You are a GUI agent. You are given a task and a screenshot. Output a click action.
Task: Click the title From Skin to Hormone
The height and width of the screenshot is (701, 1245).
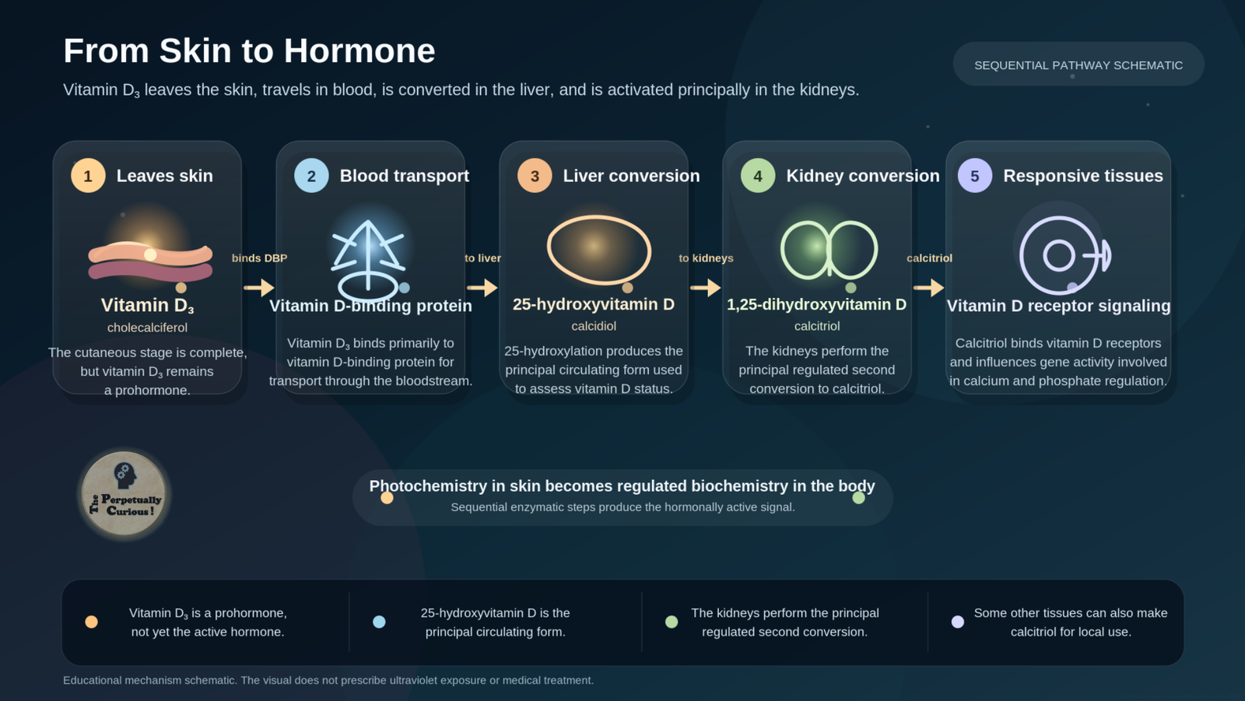[249, 51]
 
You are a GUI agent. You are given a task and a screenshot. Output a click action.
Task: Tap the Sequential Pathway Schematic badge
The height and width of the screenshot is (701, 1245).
[1078, 64]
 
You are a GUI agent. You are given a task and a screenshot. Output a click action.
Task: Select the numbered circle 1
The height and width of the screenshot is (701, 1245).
[88, 176]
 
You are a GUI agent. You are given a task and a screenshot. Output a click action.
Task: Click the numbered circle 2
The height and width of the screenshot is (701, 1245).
[311, 176]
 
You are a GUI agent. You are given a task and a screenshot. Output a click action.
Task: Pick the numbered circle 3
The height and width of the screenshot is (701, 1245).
[535, 176]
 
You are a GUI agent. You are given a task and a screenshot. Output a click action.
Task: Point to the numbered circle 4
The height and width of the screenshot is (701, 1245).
[758, 176]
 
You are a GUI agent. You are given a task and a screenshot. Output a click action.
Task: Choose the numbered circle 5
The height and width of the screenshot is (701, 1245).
[975, 176]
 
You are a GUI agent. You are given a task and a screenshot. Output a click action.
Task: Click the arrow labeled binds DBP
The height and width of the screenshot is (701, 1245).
[259, 287]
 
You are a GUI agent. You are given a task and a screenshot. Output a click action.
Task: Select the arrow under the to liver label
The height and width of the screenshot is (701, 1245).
[482, 287]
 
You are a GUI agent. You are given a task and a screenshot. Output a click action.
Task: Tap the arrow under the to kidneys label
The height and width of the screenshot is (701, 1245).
[705, 287]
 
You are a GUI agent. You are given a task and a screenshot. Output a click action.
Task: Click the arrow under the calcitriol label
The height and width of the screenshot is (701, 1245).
[929, 287]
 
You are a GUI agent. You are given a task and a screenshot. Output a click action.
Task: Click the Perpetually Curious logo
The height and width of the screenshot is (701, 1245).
[124, 493]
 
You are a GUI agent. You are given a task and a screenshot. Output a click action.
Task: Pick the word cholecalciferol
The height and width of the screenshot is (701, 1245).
[147, 328]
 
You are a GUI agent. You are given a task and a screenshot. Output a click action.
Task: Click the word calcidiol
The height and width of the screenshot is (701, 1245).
[594, 326]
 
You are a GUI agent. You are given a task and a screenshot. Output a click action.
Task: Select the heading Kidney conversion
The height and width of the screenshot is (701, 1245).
[863, 176]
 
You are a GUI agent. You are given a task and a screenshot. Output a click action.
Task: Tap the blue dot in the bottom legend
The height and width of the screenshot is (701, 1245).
[379, 622]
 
